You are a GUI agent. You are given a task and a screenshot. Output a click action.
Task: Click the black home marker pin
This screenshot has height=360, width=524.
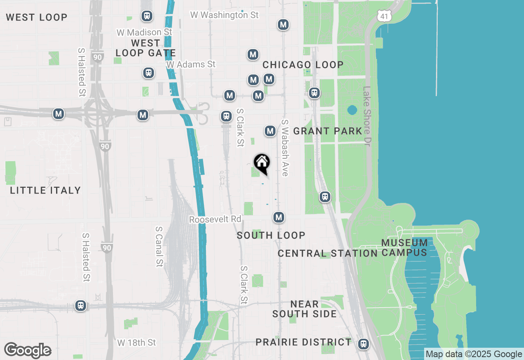[262, 163]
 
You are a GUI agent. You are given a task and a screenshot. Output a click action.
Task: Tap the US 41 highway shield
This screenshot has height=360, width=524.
[384, 16]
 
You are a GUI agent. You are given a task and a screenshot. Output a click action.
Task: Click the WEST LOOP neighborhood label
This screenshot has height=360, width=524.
[36, 18]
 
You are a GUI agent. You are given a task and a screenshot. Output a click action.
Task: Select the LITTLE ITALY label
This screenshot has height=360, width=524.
[45, 190]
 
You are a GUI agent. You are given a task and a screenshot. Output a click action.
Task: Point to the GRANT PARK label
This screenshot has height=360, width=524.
[328, 131]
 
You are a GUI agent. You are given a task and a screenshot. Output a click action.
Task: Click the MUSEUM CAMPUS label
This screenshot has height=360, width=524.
[404, 248]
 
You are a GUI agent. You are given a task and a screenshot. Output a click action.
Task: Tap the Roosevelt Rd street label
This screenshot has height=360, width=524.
[215, 220]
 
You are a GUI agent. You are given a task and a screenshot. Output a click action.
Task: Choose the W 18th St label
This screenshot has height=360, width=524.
[137, 342]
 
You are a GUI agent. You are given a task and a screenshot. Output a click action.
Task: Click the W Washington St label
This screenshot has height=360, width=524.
[225, 15]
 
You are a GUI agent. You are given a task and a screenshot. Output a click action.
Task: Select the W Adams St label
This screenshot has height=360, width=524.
[191, 65]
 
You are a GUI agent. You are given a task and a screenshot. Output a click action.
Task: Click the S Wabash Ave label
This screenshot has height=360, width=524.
[285, 148]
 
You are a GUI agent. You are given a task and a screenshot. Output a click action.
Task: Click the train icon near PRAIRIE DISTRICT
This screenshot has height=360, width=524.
[363, 344]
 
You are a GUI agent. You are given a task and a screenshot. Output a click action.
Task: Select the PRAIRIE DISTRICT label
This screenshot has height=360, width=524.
[303, 342]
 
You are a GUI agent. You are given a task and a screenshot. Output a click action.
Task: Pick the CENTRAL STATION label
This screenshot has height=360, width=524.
[327, 254]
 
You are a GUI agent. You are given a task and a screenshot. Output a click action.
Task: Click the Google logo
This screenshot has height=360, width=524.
[28, 351]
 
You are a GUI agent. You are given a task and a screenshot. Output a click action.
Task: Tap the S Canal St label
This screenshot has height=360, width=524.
[159, 247]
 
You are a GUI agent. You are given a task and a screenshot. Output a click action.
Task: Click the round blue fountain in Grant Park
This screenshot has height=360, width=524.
[352, 110]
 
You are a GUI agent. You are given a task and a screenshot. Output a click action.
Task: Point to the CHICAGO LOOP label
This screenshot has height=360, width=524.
[303, 65]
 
